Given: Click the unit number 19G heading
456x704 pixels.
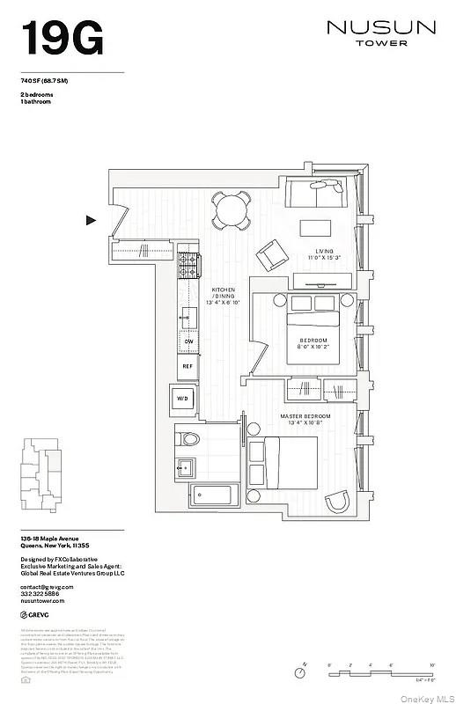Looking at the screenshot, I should tap(62, 38).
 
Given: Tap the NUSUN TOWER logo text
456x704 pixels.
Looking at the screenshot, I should tap(380, 33).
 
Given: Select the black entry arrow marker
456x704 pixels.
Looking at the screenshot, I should tap(91, 221).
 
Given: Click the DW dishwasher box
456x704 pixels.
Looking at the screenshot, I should tap(188, 342).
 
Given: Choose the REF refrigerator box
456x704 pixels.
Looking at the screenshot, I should tap(188, 365).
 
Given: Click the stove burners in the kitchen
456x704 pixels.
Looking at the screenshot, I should tap(189, 261).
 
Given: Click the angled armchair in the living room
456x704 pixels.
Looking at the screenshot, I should tap(268, 256).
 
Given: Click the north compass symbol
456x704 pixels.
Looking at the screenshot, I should tap(301, 672).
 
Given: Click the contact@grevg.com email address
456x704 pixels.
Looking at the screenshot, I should tap(48, 586).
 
